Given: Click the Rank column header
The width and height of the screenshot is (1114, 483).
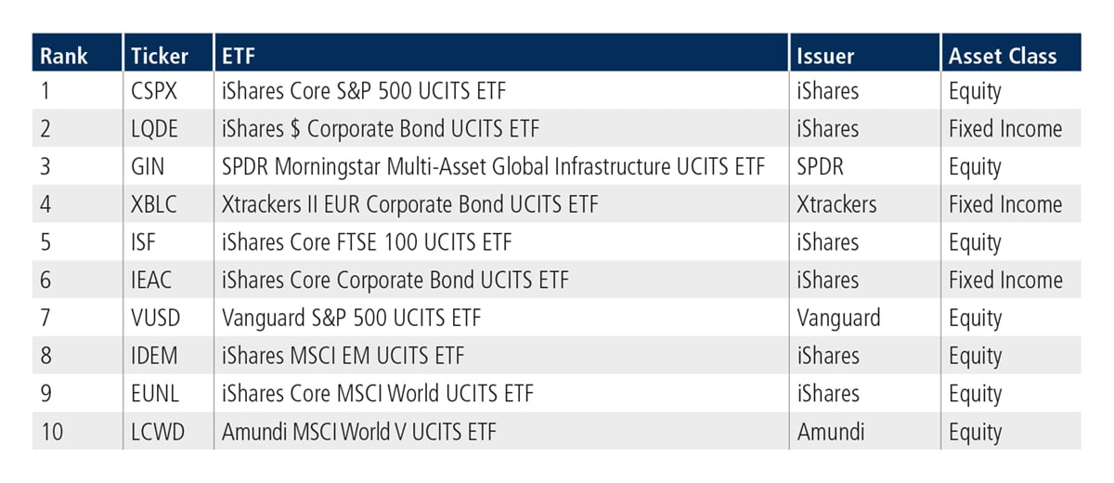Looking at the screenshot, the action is click(x=64, y=56).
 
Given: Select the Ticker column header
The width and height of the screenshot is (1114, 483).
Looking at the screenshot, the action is click(x=160, y=56).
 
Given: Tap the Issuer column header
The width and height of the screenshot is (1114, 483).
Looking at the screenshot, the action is click(x=825, y=56).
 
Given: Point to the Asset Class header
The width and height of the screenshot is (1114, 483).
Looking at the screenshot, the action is click(x=1003, y=56).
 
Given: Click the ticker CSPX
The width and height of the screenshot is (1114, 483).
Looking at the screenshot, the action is click(x=154, y=91).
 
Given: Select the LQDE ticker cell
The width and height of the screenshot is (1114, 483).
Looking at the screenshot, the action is click(x=154, y=129).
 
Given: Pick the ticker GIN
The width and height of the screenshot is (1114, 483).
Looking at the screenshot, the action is click(x=148, y=166).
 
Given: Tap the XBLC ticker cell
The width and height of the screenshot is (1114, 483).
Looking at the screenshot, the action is click(x=154, y=204).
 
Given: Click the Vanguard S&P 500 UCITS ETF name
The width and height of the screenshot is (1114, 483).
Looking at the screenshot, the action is click(x=352, y=319).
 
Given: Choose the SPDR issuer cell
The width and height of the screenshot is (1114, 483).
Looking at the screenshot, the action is click(x=820, y=166).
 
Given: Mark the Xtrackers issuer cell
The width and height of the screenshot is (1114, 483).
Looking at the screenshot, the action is click(x=836, y=204).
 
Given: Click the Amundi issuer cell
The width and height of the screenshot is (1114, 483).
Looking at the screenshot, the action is click(x=831, y=432).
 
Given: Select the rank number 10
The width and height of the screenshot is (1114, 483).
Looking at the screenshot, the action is click(x=52, y=432).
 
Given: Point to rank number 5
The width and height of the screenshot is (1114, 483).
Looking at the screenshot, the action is click(x=45, y=242).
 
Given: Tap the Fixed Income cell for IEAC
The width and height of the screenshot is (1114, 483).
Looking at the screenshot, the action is click(x=1005, y=281).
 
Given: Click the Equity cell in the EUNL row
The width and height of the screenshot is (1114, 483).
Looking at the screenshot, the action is click(x=975, y=395).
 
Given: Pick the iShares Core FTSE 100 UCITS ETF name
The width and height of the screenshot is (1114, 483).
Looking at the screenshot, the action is click(x=367, y=242).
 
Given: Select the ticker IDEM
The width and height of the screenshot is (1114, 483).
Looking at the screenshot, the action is click(x=154, y=356).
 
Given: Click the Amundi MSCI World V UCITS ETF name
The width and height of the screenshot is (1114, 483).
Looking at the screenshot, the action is click(x=359, y=432).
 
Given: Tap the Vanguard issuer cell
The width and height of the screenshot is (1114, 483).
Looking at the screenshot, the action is click(x=838, y=319).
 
